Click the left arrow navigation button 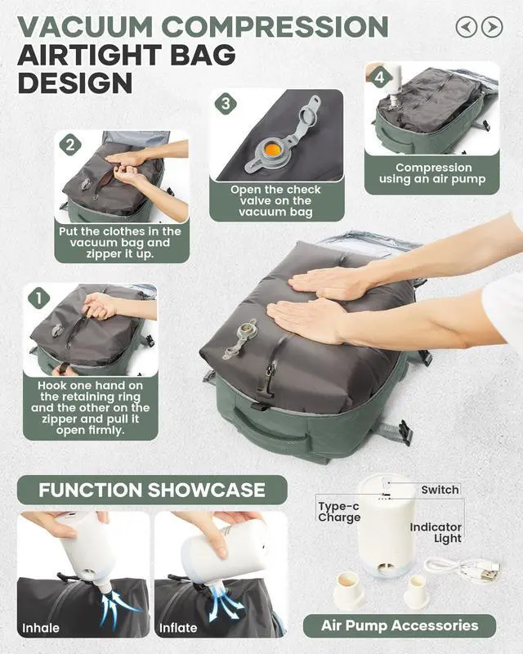[x=467, y=27]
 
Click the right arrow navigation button [x=492, y=27]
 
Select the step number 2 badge [x=71, y=146]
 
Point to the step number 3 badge [x=226, y=104]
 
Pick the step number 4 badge [x=378, y=78]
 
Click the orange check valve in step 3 [x=272, y=149]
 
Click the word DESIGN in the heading [x=74, y=83]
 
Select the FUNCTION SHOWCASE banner [x=152, y=490]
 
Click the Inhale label [x=41, y=628]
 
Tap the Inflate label [x=179, y=628]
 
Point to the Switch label [x=440, y=490]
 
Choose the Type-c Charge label [x=339, y=512]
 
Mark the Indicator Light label [x=436, y=532]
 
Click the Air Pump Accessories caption [x=399, y=625]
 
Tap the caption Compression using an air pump [x=433, y=174]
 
